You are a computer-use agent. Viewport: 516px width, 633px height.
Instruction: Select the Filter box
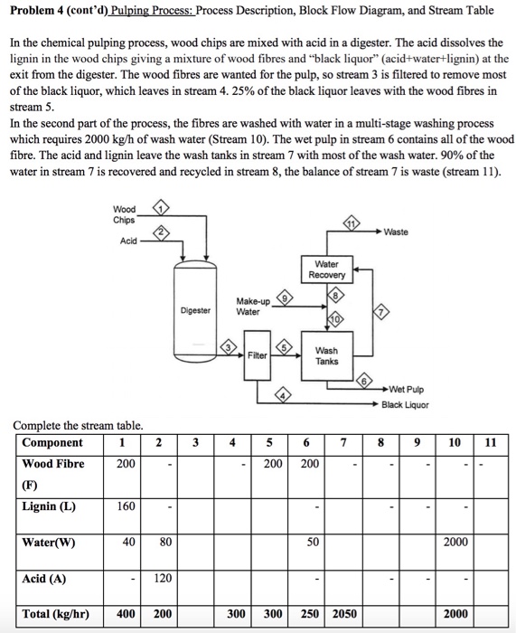coord(258,354)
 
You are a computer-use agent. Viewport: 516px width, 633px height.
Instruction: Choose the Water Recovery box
coord(326,269)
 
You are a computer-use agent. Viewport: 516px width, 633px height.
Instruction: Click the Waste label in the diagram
coord(396,232)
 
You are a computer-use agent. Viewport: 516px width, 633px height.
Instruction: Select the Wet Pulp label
coord(403,390)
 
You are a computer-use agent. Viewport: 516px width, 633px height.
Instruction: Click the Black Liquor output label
coord(406,404)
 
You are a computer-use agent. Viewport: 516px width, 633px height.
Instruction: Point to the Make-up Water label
coord(252,306)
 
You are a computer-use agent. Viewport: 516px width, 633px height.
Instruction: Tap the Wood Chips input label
coord(125,214)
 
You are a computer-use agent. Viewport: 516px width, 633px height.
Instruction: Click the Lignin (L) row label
coord(49,505)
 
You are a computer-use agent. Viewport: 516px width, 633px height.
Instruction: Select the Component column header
coord(52,442)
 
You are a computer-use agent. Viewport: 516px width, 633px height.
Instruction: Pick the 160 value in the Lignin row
coord(125,505)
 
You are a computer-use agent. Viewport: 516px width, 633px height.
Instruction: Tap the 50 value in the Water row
coord(311,542)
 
